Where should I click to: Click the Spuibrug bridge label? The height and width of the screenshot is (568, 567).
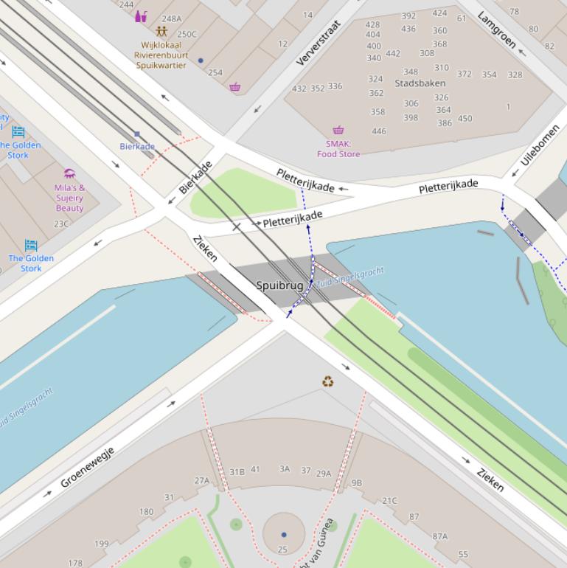tap(279, 285)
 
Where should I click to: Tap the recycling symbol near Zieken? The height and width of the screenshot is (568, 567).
tap(328, 381)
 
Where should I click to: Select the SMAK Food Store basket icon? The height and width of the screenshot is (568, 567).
tap(338, 131)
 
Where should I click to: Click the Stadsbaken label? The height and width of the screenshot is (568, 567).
tap(420, 83)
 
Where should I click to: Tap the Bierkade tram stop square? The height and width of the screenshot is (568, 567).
tap(137, 134)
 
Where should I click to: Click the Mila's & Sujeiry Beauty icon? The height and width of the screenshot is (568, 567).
tap(69, 173)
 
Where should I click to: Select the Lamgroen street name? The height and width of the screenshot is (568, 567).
tap(496, 30)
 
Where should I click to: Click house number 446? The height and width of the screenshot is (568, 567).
tap(379, 131)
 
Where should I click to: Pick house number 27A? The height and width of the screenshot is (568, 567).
tap(202, 480)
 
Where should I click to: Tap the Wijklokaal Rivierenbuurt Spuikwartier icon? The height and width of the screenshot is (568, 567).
tap(161, 32)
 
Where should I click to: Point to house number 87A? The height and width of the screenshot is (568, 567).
tap(439, 536)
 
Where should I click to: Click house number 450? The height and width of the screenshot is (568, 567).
tap(465, 118)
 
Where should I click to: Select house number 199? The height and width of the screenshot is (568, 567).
tap(101, 544)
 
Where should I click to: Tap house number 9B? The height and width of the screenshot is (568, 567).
tap(357, 483)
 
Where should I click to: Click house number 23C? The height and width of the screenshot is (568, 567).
tap(60, 224)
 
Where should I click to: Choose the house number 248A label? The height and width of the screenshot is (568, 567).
tap(171, 18)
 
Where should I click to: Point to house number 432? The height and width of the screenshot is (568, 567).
tap(299, 89)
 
